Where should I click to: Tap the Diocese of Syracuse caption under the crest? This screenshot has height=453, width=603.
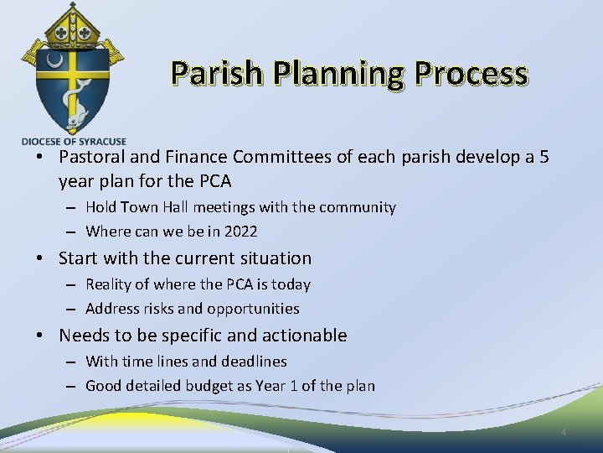tap(74, 142)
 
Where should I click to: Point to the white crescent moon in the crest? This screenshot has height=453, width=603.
tap(56, 61)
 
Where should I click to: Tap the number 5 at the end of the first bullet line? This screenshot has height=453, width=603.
tap(544, 157)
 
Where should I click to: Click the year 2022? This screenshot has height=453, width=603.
tap(240, 232)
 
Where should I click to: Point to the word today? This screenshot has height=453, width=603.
tap(291, 284)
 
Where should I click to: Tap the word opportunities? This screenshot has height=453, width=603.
tap(253, 309)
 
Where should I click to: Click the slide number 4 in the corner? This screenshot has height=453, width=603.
tap(564, 432)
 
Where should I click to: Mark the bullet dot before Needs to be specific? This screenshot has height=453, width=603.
tap(41, 336)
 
